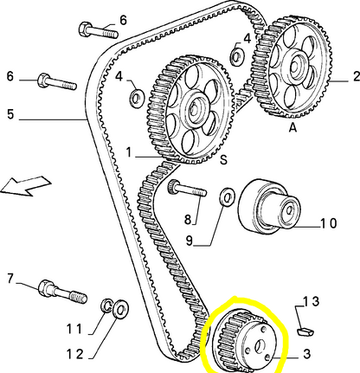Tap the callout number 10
click(x=327, y=222)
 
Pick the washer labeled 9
click(x=226, y=198)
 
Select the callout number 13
click(x=310, y=302)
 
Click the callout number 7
click(x=10, y=278)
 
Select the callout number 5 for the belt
click(x=10, y=113)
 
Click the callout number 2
click(x=354, y=76)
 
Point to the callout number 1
click(x=128, y=153)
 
